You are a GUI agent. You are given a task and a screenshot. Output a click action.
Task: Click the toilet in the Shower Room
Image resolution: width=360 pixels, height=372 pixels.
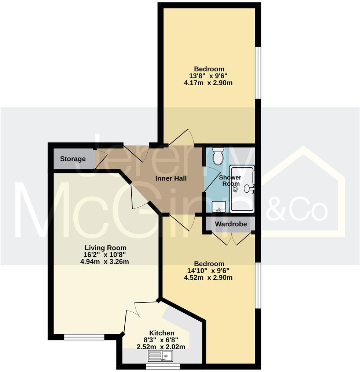218,156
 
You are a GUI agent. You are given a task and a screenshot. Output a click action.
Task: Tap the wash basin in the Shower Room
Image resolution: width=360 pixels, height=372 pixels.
218,207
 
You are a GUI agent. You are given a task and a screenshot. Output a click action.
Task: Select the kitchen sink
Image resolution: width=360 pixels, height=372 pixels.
161,355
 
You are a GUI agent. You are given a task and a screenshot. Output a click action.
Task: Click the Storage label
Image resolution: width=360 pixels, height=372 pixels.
73,159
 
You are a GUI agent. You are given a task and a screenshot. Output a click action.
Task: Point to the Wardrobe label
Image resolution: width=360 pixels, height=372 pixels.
231,224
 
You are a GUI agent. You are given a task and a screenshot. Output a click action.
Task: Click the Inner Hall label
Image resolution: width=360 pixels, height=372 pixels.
171,179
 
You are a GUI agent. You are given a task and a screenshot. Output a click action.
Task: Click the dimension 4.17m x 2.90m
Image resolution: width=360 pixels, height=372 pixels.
208,83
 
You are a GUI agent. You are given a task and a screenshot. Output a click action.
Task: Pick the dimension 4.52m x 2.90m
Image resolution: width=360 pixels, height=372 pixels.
208,278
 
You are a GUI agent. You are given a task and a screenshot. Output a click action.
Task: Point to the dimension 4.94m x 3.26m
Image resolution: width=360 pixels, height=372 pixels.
105,261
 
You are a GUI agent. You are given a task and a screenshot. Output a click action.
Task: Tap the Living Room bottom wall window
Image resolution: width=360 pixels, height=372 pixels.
84,337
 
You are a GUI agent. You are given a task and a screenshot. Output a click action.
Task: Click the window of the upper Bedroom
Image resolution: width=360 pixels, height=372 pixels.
258,72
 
